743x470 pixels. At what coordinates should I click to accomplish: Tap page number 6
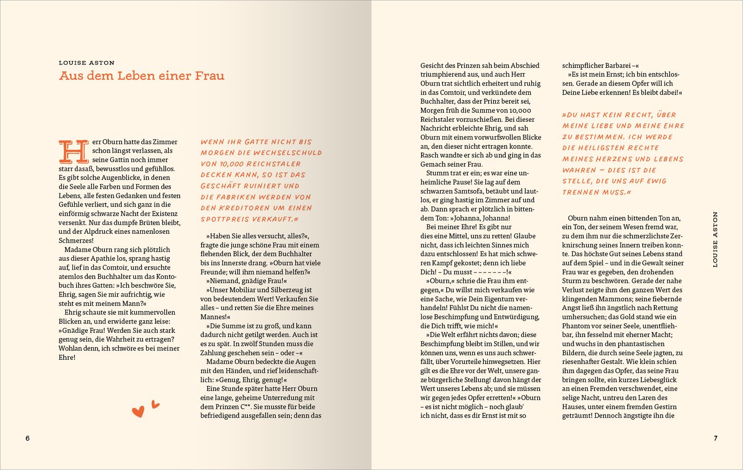pos(27,438)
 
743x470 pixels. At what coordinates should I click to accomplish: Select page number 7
pos(716,438)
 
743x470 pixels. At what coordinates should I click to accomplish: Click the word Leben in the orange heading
pos(137,76)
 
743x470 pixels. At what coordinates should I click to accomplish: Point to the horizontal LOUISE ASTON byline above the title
pos(87,63)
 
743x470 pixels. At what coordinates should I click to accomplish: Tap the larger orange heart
pos(138,411)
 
